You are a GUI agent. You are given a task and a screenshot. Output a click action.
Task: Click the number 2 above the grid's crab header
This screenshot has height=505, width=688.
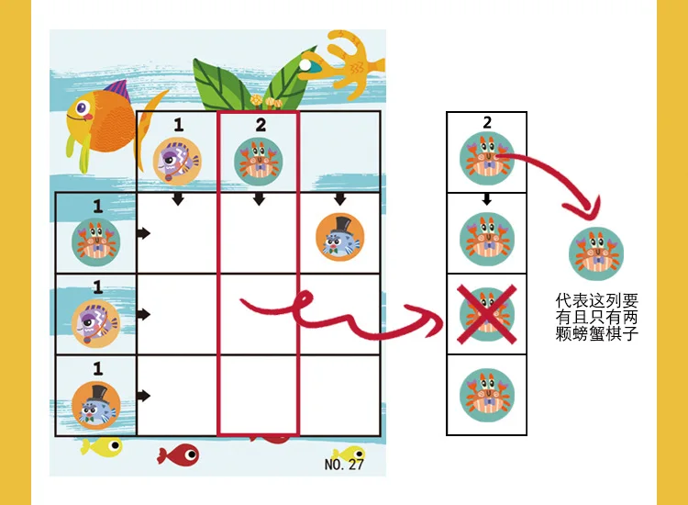(261, 125)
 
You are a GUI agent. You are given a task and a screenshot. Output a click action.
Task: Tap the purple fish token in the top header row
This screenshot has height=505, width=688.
(177, 162)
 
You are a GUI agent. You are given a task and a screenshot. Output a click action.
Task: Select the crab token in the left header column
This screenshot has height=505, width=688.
(96, 242)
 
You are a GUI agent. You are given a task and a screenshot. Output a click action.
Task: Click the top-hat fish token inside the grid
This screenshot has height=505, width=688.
(340, 238)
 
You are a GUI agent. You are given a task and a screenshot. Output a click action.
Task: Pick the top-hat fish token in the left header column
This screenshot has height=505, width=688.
(96, 406)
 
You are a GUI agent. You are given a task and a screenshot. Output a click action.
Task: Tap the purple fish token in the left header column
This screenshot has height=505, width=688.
(96, 323)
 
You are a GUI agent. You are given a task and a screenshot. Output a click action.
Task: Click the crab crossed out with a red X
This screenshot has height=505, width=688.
(486, 314)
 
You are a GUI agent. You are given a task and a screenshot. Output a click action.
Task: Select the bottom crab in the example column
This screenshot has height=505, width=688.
(486, 395)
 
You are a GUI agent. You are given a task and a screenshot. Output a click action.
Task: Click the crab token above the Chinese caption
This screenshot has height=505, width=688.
(596, 253)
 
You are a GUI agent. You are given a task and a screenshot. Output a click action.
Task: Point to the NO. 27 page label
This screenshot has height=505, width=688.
(344, 465)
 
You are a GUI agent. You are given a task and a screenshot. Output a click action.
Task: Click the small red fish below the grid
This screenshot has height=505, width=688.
(178, 454)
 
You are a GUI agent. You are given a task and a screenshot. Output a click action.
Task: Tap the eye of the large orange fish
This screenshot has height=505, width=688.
(82, 107)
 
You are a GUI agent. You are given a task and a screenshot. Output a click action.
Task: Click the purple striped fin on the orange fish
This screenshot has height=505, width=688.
(117, 91)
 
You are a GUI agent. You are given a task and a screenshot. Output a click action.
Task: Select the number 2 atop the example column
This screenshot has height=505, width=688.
(487, 122)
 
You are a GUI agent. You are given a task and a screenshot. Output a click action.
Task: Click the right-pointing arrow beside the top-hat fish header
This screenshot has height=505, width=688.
(143, 396)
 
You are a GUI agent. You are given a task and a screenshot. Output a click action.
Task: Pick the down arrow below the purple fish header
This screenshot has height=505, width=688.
(178, 198)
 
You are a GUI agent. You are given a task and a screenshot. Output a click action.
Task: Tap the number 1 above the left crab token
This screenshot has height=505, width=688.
(98, 206)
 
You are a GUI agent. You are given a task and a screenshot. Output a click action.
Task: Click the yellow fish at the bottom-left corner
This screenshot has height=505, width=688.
(101, 447)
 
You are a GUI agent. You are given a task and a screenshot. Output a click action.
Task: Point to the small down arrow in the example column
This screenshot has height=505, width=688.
(486, 199)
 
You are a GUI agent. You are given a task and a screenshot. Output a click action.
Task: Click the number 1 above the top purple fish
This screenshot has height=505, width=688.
(178, 125)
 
